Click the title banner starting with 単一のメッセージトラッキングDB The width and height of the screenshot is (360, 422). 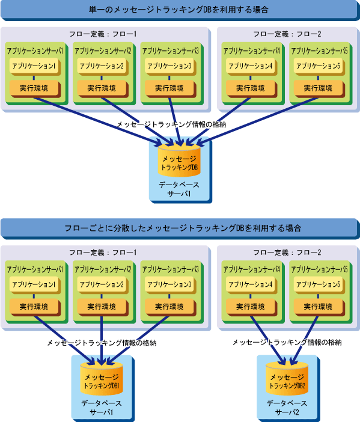pyautogui.click(x=180, y=10)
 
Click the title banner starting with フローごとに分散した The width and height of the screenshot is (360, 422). pyautogui.click(x=180, y=228)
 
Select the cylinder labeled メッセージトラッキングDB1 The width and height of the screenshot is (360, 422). pyautogui.click(x=102, y=379)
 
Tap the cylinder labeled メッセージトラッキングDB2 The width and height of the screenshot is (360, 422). pyautogui.click(x=287, y=379)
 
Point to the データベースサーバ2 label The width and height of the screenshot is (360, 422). pyautogui.click(x=287, y=408)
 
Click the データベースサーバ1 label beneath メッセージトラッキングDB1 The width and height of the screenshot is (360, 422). pyautogui.click(x=102, y=408)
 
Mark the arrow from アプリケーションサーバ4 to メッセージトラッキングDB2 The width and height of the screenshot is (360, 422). pyautogui.click(x=267, y=341)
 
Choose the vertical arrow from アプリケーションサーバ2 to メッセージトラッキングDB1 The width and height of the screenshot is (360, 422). pyautogui.click(x=102, y=341)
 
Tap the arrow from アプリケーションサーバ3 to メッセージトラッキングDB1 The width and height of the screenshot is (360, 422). pyautogui.click(x=138, y=341)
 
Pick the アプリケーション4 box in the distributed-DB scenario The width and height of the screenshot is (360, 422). pyautogui.click(x=251, y=285)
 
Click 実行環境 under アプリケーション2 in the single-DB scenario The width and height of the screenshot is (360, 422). pyautogui.click(x=102, y=88)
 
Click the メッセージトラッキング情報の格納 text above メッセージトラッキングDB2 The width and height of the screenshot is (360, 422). pyautogui.click(x=287, y=343)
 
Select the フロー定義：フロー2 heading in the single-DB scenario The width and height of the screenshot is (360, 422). pyautogui.click(x=287, y=34)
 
